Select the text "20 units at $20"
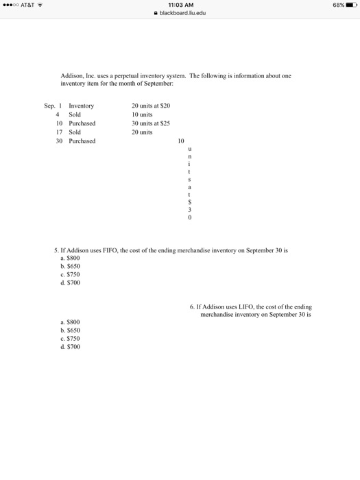point(151,106)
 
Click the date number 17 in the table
point(60,132)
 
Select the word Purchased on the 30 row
point(82,141)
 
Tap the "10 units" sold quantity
point(143,115)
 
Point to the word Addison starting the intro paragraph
point(72,76)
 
